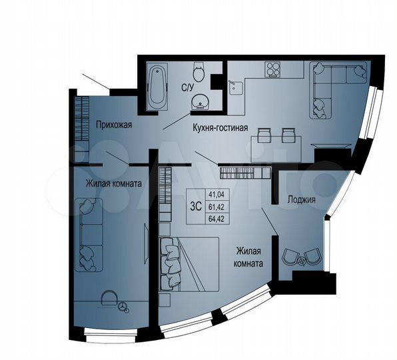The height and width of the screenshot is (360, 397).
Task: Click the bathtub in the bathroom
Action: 157,87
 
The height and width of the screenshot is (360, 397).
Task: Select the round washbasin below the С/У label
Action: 199,102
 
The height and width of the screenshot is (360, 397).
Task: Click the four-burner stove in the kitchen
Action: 274,69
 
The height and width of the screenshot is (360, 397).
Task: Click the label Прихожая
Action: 113,125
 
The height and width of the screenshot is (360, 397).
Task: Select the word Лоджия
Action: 301,199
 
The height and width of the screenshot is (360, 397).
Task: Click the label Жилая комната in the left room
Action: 113,183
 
